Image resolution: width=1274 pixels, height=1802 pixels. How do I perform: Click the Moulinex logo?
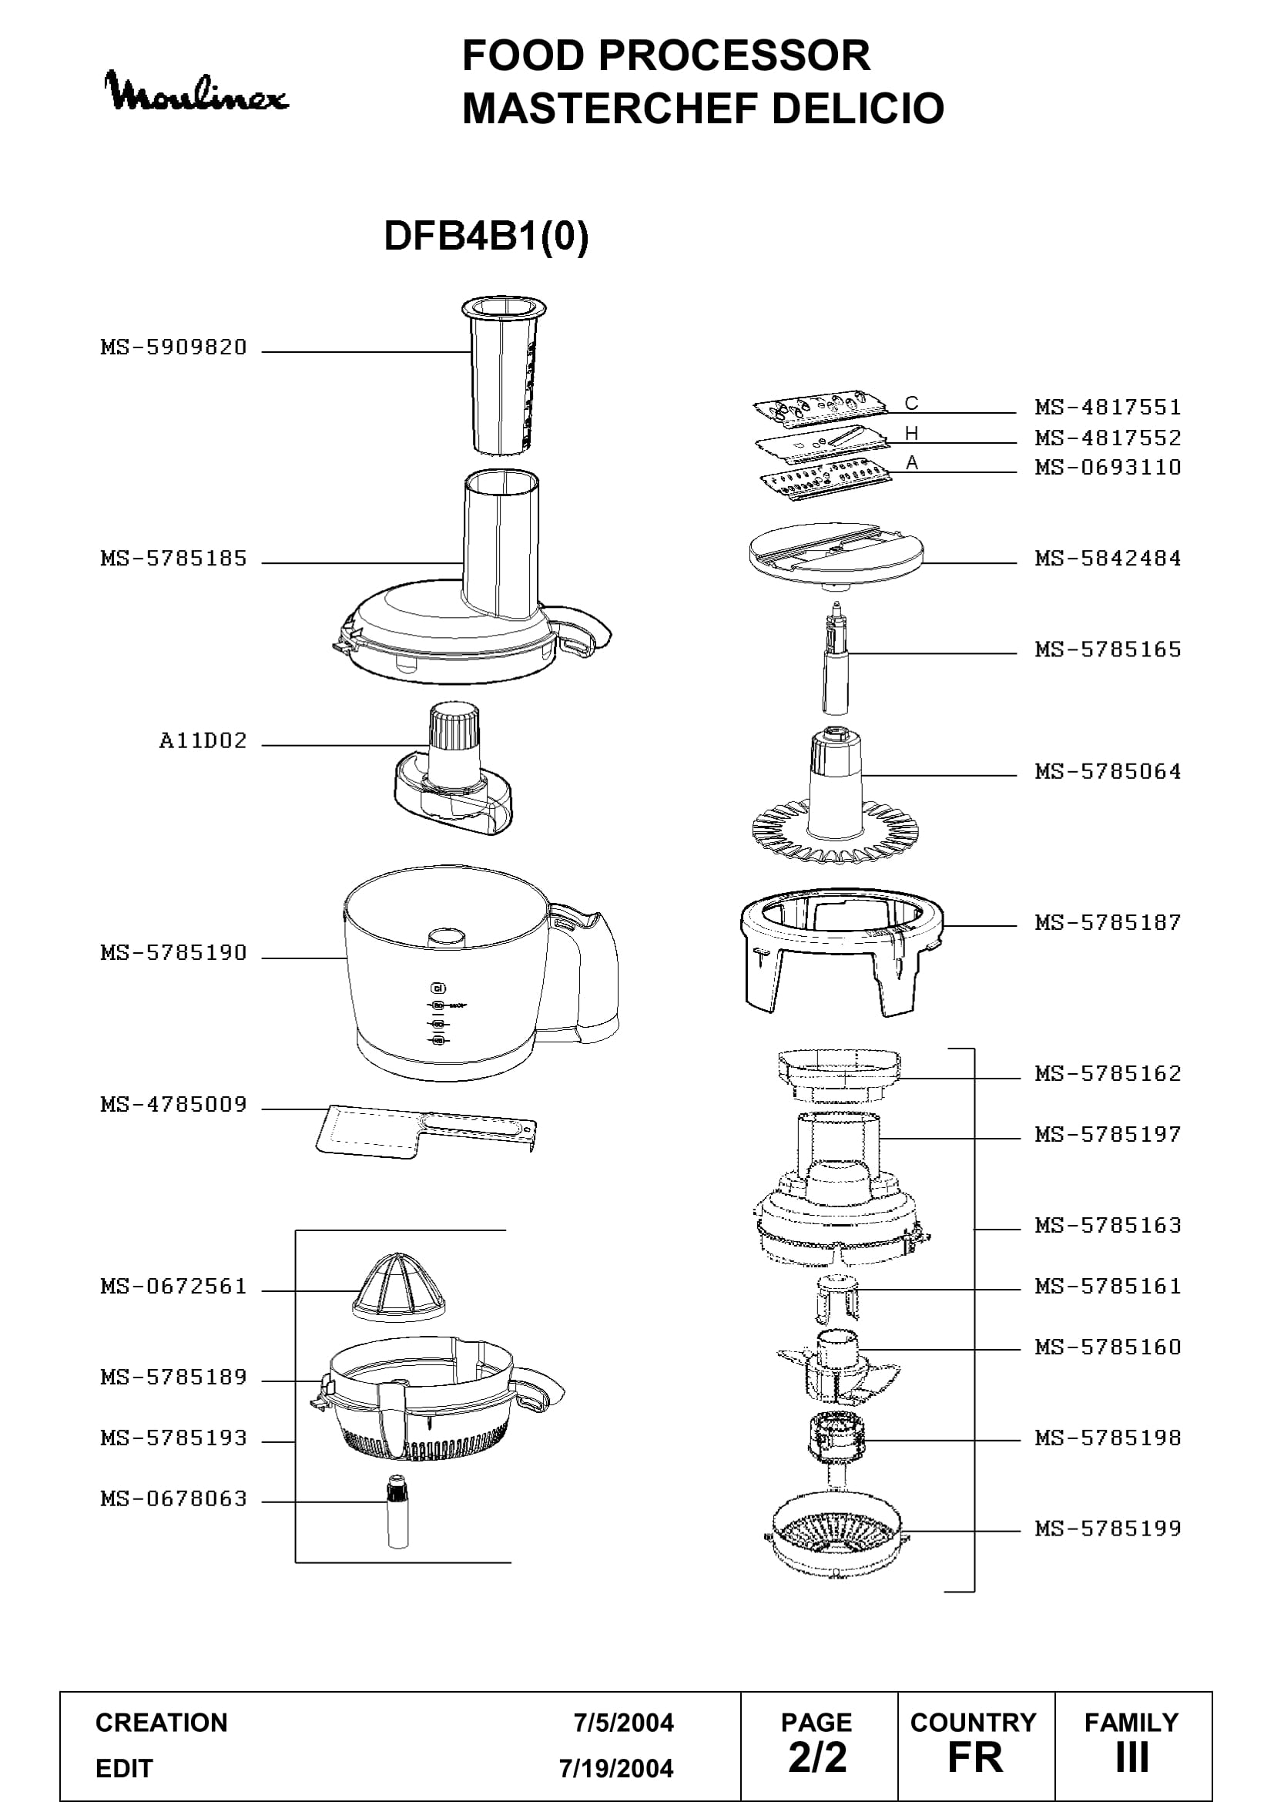click(x=197, y=91)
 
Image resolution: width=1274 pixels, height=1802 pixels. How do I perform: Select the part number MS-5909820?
click(x=173, y=347)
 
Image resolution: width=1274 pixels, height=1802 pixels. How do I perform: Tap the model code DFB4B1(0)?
click(x=486, y=236)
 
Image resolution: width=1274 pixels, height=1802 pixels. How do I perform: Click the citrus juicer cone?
click(x=398, y=1285)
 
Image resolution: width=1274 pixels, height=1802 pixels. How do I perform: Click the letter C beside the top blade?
click(x=910, y=404)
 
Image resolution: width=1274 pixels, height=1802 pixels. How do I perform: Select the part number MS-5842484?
click(x=1108, y=558)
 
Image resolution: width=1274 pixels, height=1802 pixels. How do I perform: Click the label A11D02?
click(x=203, y=740)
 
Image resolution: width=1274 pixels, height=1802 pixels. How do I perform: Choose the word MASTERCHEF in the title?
click(x=609, y=109)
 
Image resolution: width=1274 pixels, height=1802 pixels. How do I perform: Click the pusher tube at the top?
click(x=503, y=376)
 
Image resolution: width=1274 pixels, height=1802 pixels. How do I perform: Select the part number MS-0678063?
click(x=173, y=1498)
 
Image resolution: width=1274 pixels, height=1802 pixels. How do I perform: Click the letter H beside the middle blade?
click(x=910, y=433)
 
